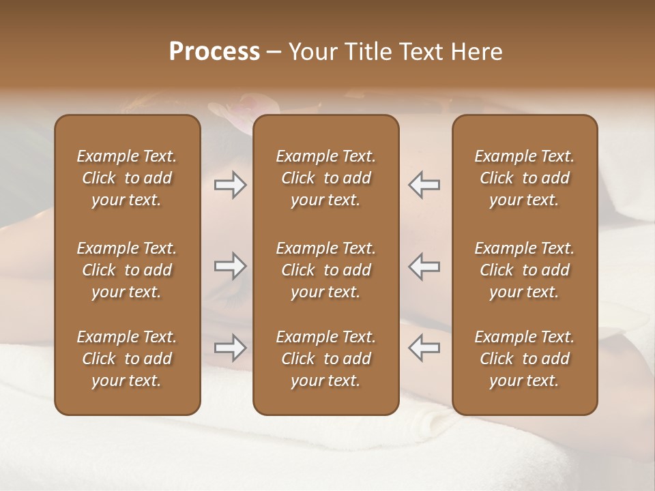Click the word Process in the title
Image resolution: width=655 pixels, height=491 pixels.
tap(214, 52)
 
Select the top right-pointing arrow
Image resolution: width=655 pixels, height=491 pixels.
tap(231, 185)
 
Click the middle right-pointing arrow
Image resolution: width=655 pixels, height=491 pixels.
tap(231, 266)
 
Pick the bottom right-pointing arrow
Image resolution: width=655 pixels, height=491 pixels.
tap(231, 348)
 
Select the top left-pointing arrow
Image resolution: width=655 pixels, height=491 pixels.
tap(424, 185)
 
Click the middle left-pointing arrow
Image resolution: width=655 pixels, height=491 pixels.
tap(424, 266)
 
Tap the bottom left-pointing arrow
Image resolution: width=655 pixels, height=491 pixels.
tap(424, 348)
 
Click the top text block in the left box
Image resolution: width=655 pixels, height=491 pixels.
tap(127, 178)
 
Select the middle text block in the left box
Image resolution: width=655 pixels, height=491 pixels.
tap(127, 270)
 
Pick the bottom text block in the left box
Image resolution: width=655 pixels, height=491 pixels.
tap(127, 359)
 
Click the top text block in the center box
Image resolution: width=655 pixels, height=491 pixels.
tap(325, 178)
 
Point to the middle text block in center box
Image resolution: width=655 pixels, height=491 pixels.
tap(325, 270)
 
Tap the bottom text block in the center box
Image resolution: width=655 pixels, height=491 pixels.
tap(325, 359)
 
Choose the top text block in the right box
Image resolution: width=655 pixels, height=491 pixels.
tap(524, 178)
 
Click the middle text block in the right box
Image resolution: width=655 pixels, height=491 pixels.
tap(524, 270)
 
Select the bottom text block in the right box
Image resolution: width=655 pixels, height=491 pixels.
tap(524, 359)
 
